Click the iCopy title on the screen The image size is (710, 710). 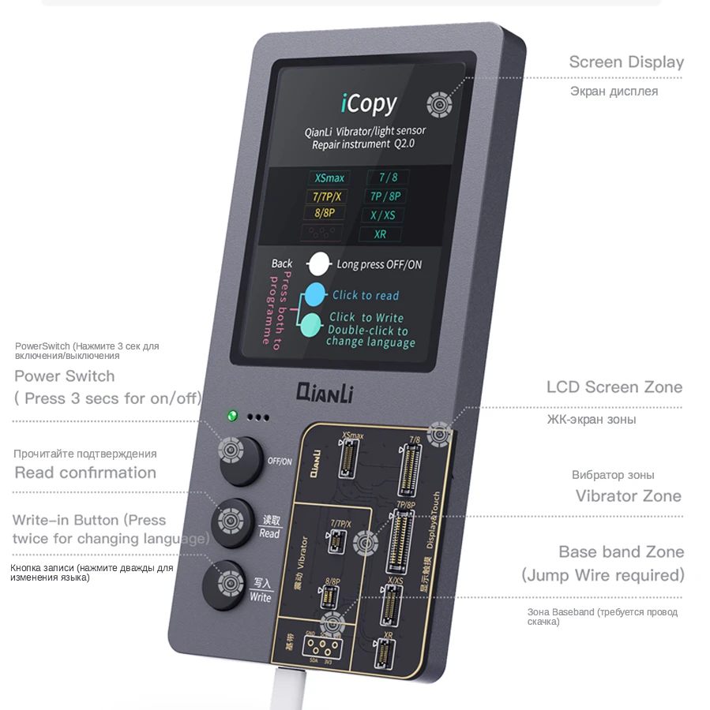pyautogui.click(x=369, y=103)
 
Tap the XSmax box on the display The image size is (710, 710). pyautogui.click(x=329, y=177)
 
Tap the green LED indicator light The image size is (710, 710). pyautogui.click(x=232, y=415)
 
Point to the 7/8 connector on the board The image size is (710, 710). pyautogui.click(x=409, y=466)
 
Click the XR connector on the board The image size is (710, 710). pyautogui.click(x=385, y=654)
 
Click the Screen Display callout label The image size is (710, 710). pyautogui.click(x=626, y=62)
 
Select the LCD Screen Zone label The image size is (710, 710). pyautogui.click(x=614, y=387)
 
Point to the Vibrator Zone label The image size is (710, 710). pyautogui.click(x=628, y=496)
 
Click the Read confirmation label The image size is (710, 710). pyautogui.click(x=85, y=473)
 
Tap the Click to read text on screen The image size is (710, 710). pyautogui.click(x=366, y=295)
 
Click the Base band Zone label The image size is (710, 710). pyautogui.click(x=621, y=552)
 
